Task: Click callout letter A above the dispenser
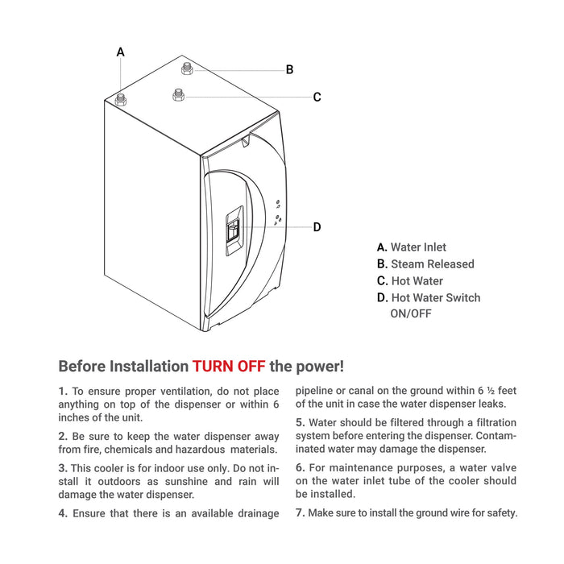pos(121,52)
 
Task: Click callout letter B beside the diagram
pos(289,70)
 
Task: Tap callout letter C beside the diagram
pos(317,97)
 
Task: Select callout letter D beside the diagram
pos(317,227)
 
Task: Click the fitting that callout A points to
pos(122,100)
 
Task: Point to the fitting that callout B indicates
pos(187,68)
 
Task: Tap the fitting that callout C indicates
pos(178,96)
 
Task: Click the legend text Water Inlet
pos(418,247)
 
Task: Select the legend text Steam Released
pos(433,264)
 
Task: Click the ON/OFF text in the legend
pos(411,313)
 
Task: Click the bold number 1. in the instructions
pos(63,391)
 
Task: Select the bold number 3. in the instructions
pos(63,467)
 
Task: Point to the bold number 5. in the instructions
pos(300,422)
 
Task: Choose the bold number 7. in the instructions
pos(300,513)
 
